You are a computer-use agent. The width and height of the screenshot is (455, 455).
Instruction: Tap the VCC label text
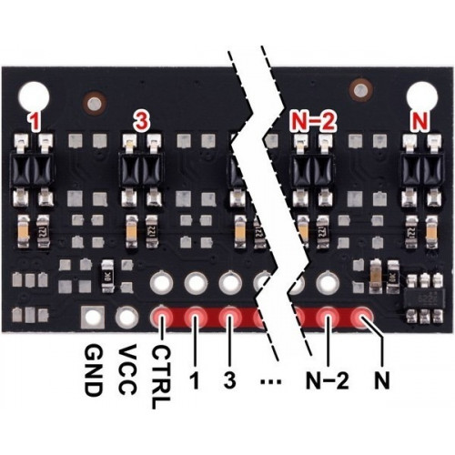pyautogui.click(x=127, y=369)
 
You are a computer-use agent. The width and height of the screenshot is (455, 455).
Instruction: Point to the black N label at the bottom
pyautogui.click(x=382, y=379)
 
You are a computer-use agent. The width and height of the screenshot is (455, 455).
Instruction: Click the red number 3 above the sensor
pyautogui.click(x=142, y=122)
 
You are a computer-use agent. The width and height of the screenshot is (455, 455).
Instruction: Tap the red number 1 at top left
pyautogui.click(x=35, y=122)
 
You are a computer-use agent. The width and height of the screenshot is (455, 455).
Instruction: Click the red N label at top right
pyautogui.click(x=420, y=122)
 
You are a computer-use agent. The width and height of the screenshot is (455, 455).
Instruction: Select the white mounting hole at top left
pyautogui.click(x=34, y=96)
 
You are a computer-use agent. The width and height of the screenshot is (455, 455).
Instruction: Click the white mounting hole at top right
pyautogui.click(x=422, y=96)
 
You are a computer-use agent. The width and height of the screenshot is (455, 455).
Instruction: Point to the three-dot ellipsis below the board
pyautogui.click(x=270, y=382)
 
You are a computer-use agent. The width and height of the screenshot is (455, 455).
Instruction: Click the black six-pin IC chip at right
pyautogui.click(x=424, y=298)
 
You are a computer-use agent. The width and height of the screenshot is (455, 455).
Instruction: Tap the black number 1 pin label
pyautogui.click(x=195, y=379)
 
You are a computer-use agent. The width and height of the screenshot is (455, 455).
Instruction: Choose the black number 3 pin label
pyautogui.click(x=229, y=379)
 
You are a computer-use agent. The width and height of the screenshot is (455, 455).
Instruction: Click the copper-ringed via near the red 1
pyautogui.click(x=94, y=103)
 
